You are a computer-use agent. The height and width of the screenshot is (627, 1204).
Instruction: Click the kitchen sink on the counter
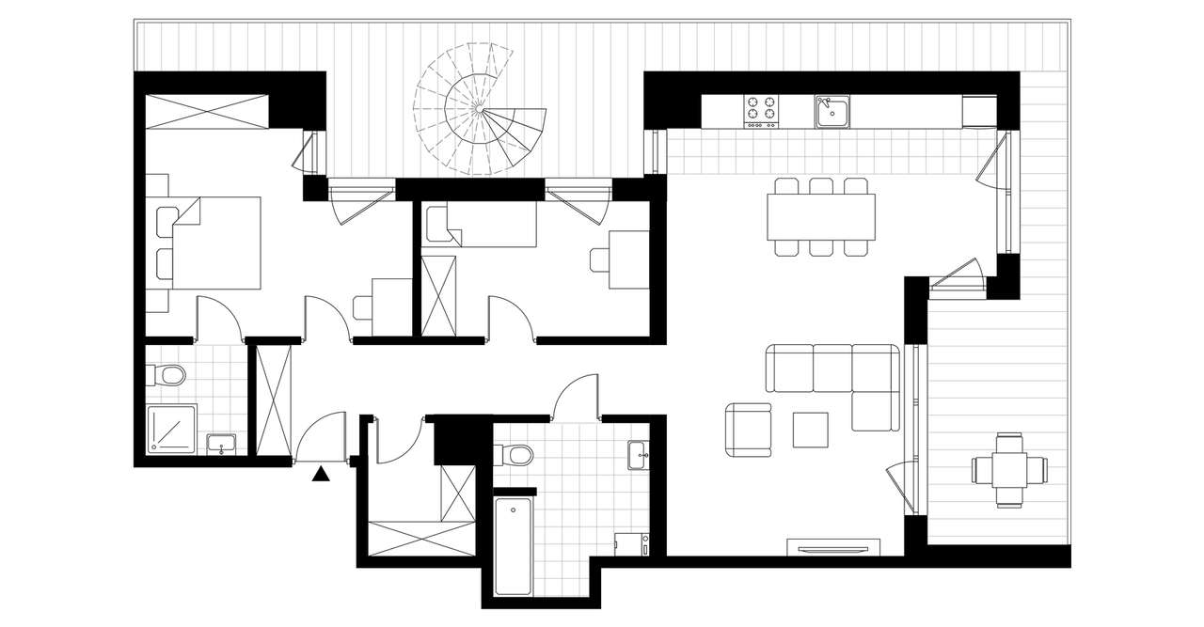click(832, 110)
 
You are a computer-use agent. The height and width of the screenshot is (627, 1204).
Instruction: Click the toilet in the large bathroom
click(515, 456)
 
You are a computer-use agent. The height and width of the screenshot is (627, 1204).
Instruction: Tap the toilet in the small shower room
click(168, 376)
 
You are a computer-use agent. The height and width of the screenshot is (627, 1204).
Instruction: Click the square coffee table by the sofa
click(810, 430)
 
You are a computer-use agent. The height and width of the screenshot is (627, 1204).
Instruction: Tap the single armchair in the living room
click(749, 431)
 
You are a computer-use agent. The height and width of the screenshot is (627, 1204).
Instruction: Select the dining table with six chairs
click(821, 217)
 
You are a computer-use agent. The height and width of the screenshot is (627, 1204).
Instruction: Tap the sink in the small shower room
click(223, 444)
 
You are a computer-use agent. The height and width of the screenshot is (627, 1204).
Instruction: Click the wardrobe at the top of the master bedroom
click(208, 110)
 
